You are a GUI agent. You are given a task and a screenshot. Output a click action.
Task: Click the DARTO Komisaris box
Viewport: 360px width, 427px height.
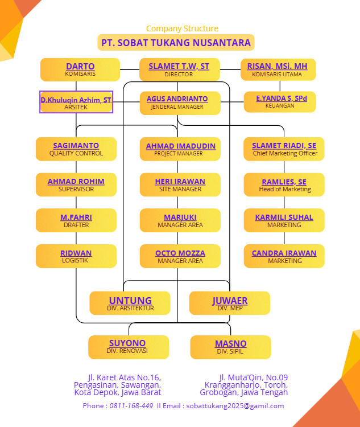coord(80,69)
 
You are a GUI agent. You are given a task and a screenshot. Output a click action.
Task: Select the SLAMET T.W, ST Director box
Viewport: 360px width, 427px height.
coord(179,69)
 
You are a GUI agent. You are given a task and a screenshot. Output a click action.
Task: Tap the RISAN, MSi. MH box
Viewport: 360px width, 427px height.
coord(278,69)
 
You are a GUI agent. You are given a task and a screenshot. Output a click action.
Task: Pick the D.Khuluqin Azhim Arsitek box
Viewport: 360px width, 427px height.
coord(76,102)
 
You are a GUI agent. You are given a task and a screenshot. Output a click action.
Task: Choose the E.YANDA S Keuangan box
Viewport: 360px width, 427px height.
coord(280,101)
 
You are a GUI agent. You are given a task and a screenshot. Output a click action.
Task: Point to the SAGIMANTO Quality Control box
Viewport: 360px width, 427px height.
coord(76,149)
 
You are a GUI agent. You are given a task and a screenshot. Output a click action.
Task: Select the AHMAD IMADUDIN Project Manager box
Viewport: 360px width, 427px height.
coord(180,149)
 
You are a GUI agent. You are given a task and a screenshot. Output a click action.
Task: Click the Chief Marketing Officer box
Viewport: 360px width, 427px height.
coord(284,149)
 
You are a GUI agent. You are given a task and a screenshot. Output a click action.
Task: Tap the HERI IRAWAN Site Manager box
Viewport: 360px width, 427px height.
coord(180,184)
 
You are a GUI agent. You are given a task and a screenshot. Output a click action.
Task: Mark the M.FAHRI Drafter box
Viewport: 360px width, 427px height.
coord(76,220)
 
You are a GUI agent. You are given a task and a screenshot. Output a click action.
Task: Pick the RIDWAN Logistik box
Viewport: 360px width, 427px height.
coord(76,256)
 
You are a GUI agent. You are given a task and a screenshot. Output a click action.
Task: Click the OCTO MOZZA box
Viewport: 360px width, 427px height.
coord(180,256)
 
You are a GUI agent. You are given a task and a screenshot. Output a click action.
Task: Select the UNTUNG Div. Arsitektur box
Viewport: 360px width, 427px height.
coord(130,303)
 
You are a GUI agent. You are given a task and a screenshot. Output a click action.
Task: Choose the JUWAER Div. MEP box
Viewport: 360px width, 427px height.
coord(230,303)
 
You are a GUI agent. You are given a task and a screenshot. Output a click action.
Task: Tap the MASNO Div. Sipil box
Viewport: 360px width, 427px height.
coord(230,347)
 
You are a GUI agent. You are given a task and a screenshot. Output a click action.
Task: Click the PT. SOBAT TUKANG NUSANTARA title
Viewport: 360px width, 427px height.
coord(176,43)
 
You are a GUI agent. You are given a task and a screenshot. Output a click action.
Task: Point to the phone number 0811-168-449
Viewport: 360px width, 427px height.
coord(131,406)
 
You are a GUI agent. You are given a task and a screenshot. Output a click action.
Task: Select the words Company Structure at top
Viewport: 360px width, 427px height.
coord(182,28)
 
